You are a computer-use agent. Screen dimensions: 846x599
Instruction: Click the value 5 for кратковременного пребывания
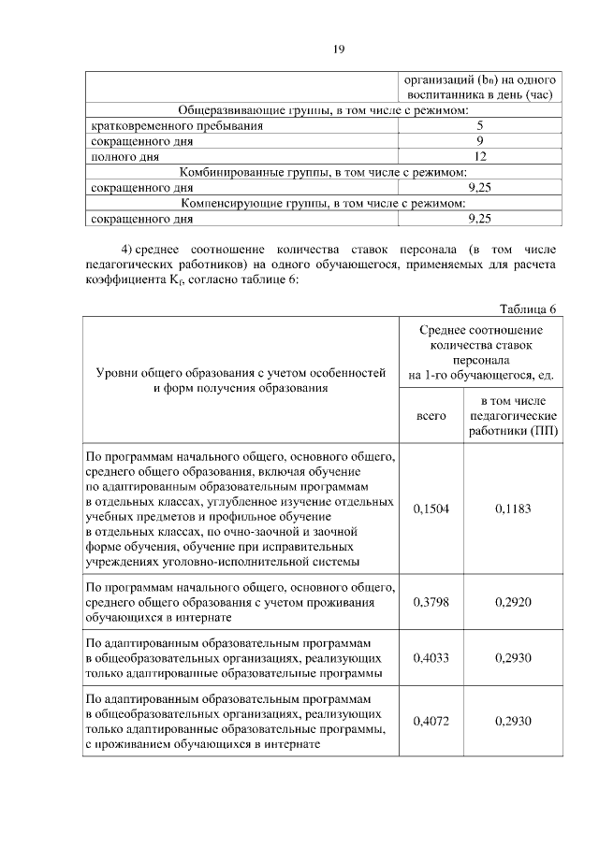click(x=479, y=124)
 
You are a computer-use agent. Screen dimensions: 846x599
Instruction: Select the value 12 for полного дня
click(x=479, y=156)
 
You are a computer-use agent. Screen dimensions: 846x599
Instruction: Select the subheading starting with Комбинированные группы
click(x=323, y=172)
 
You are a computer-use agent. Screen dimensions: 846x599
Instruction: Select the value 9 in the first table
click(x=479, y=140)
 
